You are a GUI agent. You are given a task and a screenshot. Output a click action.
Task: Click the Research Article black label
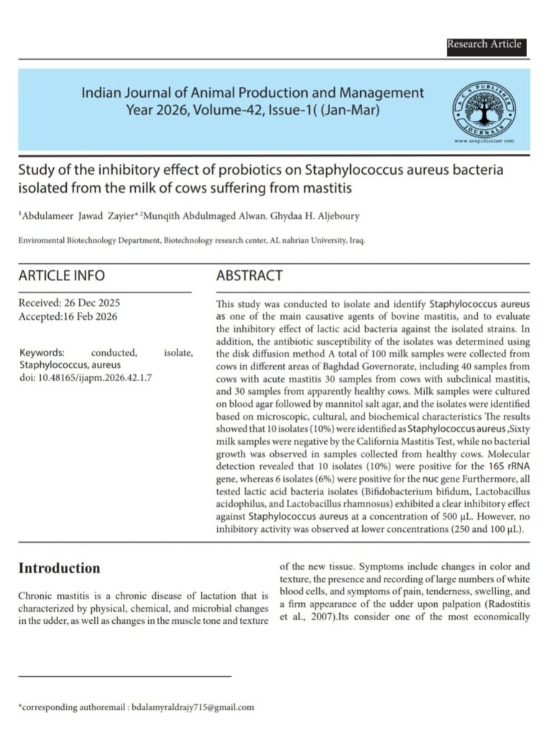pos(484,45)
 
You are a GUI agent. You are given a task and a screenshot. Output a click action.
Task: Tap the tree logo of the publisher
pos(482,109)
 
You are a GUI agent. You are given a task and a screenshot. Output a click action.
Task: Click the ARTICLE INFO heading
pos(61,275)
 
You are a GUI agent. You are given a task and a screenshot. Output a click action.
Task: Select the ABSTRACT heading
pos(249,275)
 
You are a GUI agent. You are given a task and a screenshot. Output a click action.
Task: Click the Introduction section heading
pos(59,569)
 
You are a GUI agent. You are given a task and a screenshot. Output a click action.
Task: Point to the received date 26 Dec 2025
pos(91,303)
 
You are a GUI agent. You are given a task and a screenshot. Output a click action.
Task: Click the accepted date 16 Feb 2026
pos(89,316)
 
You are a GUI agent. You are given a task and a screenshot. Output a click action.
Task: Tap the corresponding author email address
pos(191,707)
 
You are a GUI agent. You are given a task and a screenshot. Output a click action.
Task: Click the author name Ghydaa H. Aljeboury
pos(323,214)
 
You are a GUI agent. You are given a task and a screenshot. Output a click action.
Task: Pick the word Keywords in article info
pos(42,353)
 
